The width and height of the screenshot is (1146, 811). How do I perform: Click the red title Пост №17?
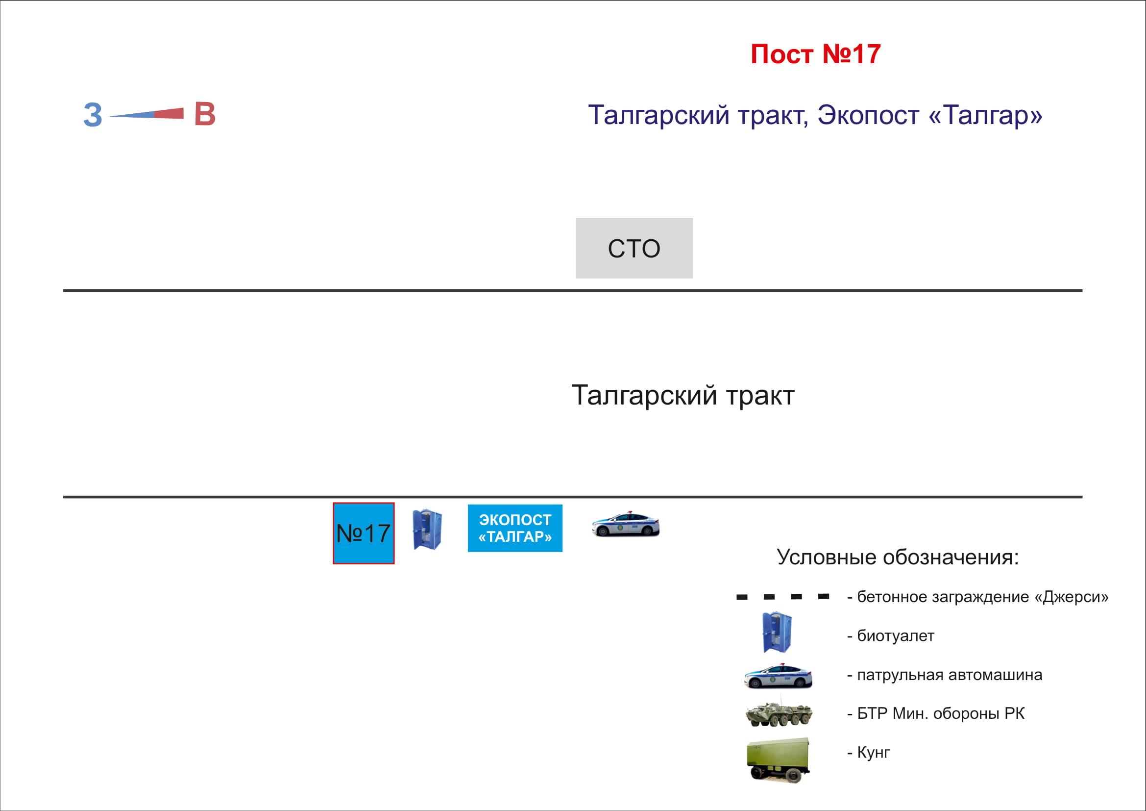[816, 54]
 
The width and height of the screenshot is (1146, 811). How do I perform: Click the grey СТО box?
[634, 248]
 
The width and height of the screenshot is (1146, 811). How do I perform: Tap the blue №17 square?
[364, 533]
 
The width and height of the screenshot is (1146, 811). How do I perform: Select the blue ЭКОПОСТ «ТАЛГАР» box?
[514, 529]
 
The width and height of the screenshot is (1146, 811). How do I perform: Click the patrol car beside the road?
[625, 524]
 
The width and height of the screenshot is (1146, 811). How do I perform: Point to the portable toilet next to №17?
[427, 530]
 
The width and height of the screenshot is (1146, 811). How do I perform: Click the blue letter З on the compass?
[93, 115]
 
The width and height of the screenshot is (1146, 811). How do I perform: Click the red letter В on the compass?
[205, 114]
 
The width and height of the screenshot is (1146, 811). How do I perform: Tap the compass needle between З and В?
[146, 114]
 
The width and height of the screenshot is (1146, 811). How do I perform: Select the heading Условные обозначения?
[898, 557]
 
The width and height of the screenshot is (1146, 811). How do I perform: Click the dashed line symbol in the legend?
[782, 597]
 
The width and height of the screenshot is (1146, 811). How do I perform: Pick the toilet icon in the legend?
[777, 632]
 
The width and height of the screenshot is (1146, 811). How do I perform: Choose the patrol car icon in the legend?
[778, 676]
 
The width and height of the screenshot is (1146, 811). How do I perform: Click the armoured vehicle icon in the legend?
[778, 712]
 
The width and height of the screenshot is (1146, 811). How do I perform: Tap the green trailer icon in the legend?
[778, 760]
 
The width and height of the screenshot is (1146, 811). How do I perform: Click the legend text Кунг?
[874, 753]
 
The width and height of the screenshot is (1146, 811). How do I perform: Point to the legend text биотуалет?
[896, 636]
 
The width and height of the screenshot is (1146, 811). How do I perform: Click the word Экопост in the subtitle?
[869, 115]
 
